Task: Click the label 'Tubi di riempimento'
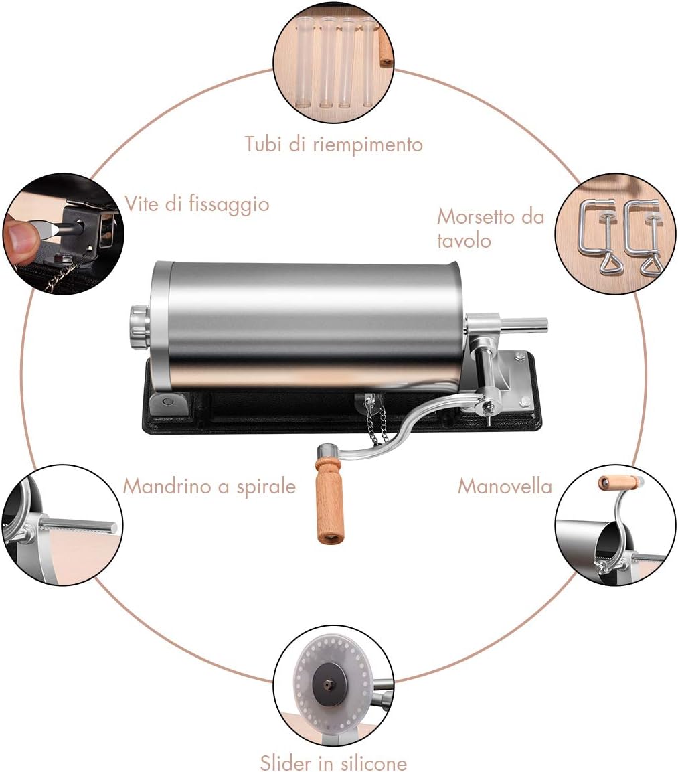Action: point(333,144)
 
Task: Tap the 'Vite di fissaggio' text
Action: point(197,204)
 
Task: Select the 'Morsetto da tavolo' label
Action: point(491,228)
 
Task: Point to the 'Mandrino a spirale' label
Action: point(209,487)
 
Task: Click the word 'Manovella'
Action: point(505,487)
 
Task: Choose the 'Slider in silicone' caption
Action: point(333,762)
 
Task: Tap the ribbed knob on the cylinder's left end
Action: point(140,326)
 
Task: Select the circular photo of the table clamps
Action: point(616,234)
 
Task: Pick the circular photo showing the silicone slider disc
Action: point(333,686)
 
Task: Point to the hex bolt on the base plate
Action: point(521,356)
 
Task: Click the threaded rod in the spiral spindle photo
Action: point(79,525)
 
